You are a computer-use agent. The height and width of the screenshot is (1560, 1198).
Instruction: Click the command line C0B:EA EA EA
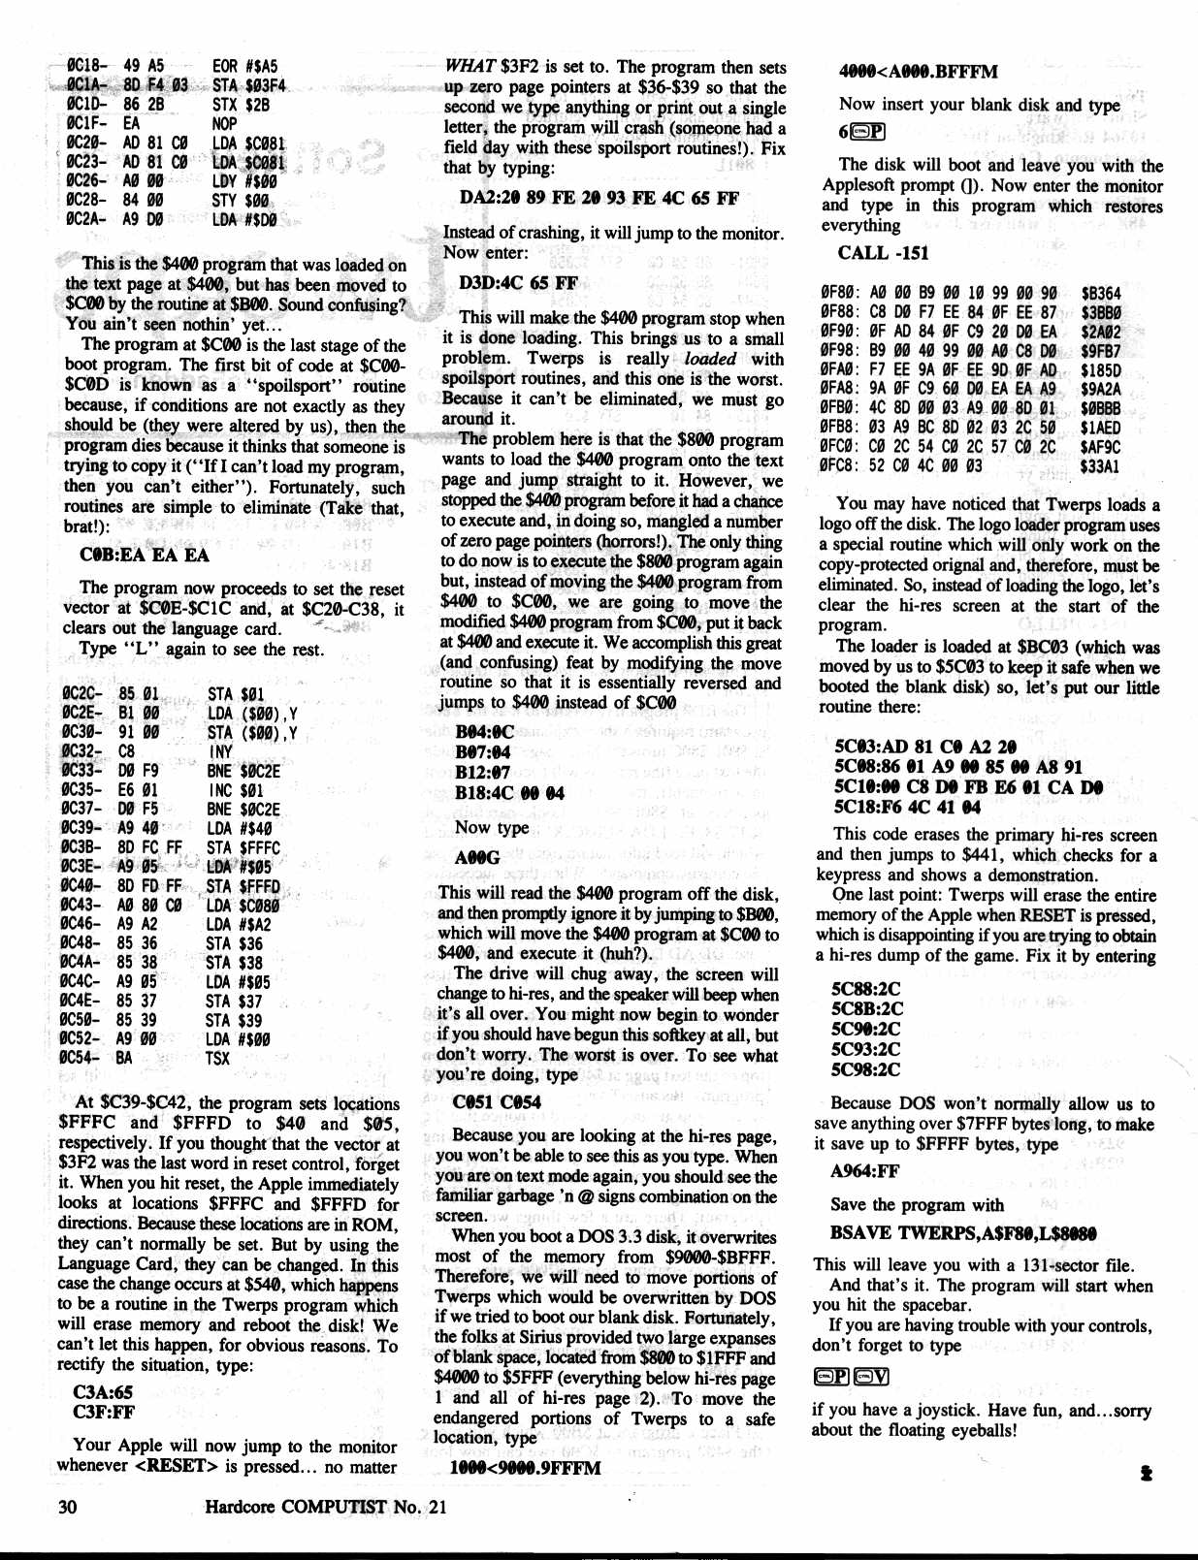145,555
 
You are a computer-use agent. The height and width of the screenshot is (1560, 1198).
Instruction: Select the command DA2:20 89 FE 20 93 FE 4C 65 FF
599,199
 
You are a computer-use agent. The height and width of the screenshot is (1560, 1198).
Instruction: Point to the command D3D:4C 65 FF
518,283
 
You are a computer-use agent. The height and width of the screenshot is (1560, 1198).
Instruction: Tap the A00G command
477,858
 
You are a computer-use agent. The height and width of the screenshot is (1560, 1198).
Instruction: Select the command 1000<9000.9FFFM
525,1468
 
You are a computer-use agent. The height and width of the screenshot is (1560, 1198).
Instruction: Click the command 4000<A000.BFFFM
918,72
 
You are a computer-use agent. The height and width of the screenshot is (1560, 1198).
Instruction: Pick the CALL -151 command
883,253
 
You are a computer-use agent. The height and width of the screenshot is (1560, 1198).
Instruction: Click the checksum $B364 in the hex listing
1100,294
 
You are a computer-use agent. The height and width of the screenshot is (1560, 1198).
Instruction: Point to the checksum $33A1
1100,466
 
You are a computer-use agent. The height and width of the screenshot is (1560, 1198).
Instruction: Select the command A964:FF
865,1171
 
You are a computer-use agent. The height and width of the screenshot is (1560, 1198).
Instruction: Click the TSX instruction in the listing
218,1058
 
